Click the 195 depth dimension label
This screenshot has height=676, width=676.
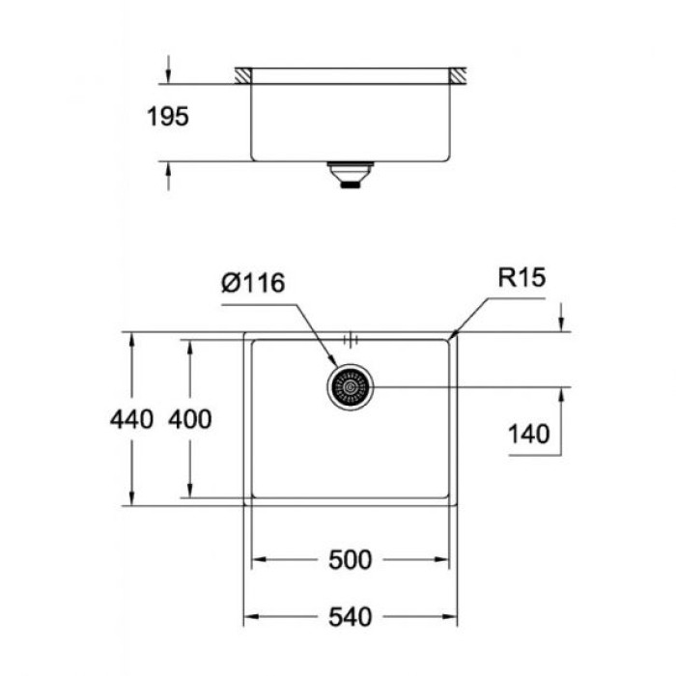(168, 118)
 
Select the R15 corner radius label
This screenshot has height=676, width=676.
(522, 279)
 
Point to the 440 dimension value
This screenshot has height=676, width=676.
(131, 419)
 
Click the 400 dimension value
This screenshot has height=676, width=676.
(190, 419)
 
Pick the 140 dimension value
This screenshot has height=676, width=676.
(530, 434)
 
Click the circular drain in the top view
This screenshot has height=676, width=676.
(351, 388)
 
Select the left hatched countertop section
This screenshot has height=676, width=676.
(242, 74)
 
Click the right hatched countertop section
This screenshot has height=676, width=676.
(458, 74)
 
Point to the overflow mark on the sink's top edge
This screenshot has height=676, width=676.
(351, 338)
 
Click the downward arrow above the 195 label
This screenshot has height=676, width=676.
(169, 77)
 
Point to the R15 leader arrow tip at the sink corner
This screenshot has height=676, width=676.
(451, 337)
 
